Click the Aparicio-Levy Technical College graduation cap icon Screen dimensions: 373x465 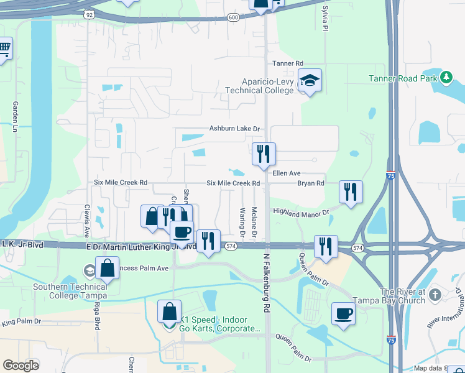pos(310,80)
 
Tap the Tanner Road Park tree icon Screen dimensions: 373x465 pos(445,77)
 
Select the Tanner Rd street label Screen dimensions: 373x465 pos(287,63)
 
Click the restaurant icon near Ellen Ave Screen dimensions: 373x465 pos(264,153)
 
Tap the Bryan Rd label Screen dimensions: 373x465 pos(311,183)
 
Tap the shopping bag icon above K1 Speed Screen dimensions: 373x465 pos(169,311)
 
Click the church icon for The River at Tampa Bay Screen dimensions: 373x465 pos(435,293)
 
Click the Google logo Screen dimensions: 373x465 pos(21,366)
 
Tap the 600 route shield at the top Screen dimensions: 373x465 pos(233,17)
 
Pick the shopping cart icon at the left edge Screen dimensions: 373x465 pos(4,48)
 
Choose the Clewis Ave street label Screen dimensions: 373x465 pos(87,221)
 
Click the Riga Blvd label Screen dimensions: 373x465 pos(98,315)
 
